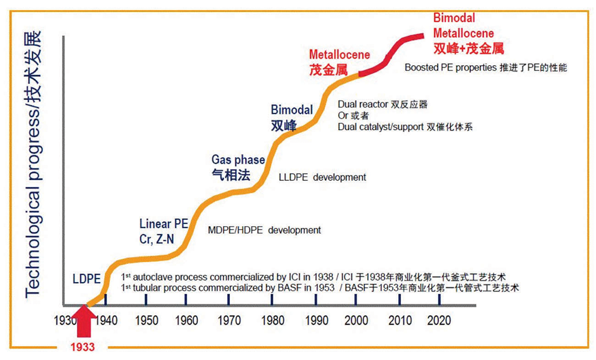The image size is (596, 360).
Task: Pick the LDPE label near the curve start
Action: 86,278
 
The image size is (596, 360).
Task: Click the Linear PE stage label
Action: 164,224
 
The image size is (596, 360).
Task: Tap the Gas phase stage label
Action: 238,160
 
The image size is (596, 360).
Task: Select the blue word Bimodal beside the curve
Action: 292,109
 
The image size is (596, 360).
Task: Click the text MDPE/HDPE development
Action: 264,230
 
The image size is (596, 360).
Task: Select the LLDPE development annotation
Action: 322,177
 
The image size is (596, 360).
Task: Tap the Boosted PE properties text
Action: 450,67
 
